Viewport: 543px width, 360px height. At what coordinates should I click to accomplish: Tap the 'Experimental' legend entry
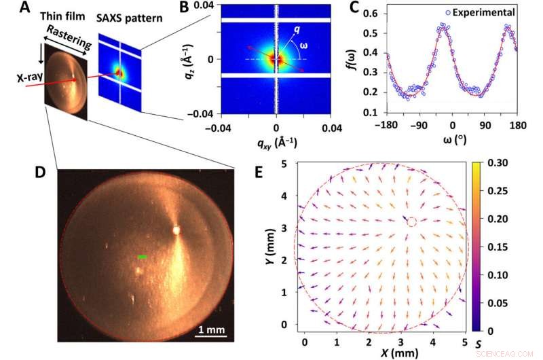pyautogui.click(x=491, y=12)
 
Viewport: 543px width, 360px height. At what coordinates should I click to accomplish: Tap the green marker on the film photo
pyautogui.click(x=142, y=257)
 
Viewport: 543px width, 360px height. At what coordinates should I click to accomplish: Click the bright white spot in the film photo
pyautogui.click(x=176, y=230)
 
